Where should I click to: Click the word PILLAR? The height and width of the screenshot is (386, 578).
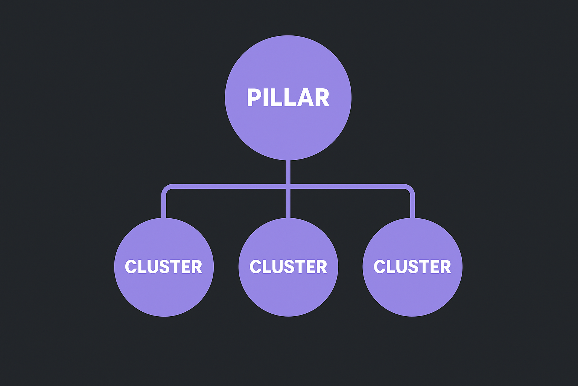(x=288, y=98)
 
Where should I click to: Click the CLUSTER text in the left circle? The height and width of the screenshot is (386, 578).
(x=164, y=267)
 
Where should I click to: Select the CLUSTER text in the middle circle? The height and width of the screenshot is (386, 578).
(x=288, y=267)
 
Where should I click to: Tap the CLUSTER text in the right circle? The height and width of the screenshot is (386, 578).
(x=412, y=267)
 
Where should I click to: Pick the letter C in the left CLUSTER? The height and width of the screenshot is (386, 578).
(x=131, y=267)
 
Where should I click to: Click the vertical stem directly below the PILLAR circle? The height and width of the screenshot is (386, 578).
(x=288, y=172)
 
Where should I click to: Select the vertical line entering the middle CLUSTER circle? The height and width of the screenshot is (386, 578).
(x=288, y=204)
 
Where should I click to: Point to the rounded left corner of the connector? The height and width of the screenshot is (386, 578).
(x=166, y=188)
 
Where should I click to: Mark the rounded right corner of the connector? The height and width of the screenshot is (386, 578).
(x=411, y=188)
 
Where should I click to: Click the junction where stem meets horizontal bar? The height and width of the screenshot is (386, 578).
(x=288, y=186)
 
